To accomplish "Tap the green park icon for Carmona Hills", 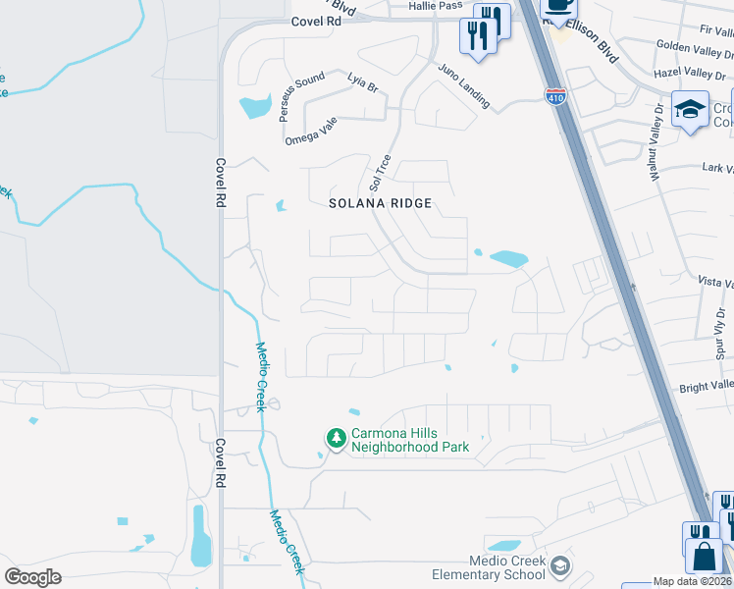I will click(336, 439).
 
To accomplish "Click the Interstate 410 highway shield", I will click(554, 96).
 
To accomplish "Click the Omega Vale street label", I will click(310, 132).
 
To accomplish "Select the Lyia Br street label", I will click(362, 82).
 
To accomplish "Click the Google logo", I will click(32, 576).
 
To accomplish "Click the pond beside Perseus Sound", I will click(255, 106).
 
